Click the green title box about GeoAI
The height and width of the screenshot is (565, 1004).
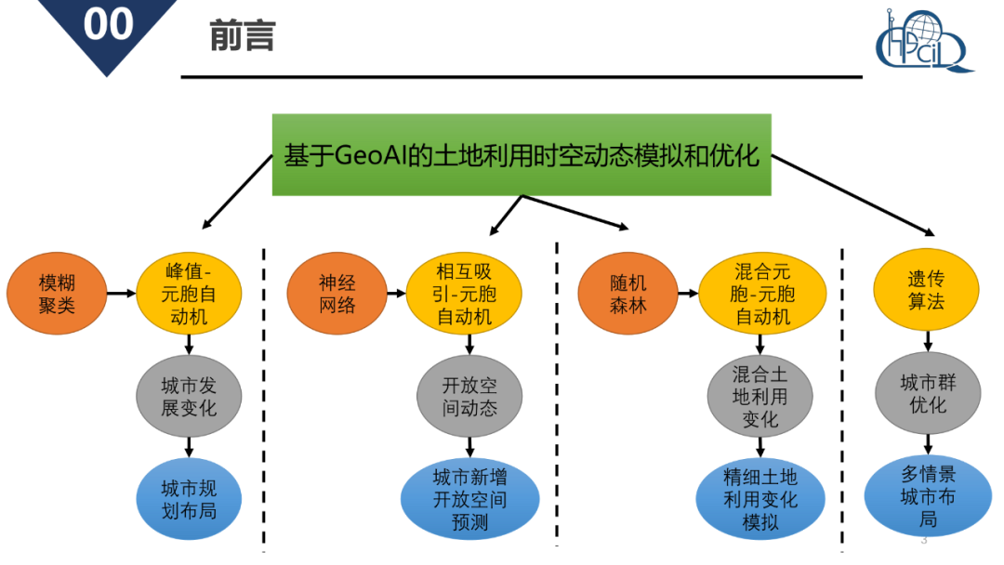[x=521, y=154]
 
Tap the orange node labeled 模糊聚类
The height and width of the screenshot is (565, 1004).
[x=57, y=294]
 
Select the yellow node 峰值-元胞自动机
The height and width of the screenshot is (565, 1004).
[x=189, y=294]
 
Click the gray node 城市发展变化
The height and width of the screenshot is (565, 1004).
[x=189, y=396]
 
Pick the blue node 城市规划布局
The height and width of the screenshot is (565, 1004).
[x=189, y=499]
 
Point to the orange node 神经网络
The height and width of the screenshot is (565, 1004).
[x=337, y=294]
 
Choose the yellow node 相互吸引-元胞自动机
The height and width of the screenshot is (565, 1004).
[x=464, y=294]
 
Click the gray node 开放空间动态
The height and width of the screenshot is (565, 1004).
[x=469, y=396]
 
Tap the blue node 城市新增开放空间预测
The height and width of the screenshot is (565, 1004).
[x=469, y=500]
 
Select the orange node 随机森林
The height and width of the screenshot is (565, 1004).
[x=627, y=294]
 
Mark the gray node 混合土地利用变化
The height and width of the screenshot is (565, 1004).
[x=760, y=396]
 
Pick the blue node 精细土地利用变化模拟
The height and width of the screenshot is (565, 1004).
[x=760, y=500]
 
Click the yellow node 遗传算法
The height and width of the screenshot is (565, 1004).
[x=926, y=291]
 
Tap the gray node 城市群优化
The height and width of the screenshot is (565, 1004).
[x=927, y=394]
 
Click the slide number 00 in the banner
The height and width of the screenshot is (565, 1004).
[x=109, y=24]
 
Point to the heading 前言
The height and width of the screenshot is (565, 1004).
[x=242, y=36]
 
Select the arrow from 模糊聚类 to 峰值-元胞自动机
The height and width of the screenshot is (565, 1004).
[x=122, y=294]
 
